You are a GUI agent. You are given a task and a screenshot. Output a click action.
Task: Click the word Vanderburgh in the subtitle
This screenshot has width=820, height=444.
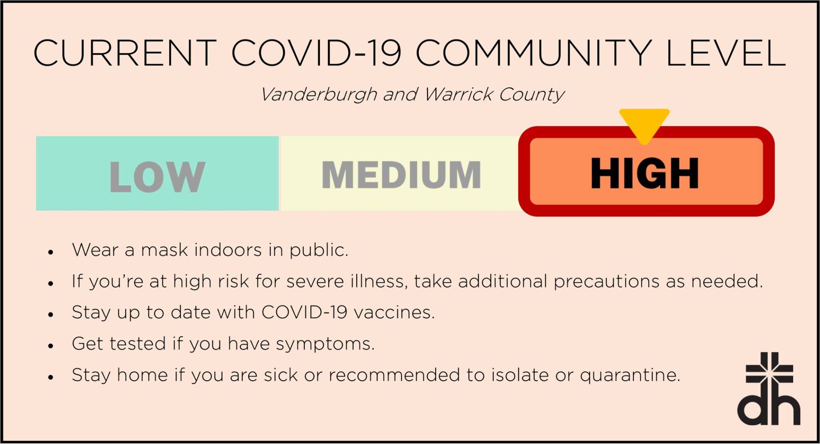click(319, 95)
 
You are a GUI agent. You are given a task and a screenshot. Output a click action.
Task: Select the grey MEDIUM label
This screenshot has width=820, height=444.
click(401, 175)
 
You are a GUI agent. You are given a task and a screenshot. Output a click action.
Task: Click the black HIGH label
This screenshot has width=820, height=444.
click(645, 174)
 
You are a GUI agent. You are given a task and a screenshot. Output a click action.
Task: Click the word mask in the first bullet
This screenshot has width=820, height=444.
click(164, 250)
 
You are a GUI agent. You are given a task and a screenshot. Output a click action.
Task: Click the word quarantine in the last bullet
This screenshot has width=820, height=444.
click(630, 375)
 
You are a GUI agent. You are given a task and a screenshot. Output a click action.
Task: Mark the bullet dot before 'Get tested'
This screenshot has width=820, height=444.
click(51, 346)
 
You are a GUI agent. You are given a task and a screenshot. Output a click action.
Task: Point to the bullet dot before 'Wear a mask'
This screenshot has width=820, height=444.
click(51, 252)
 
